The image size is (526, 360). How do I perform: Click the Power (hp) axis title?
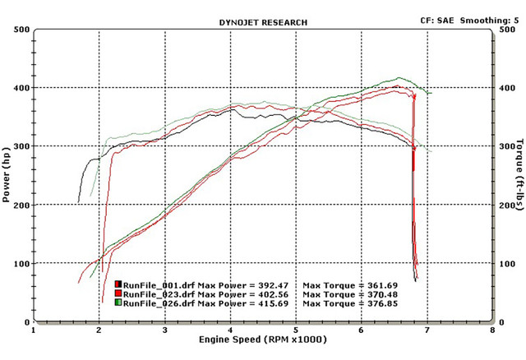(7, 175)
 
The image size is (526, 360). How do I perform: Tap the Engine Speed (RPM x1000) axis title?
(262, 339)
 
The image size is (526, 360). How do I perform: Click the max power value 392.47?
(259, 284)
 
